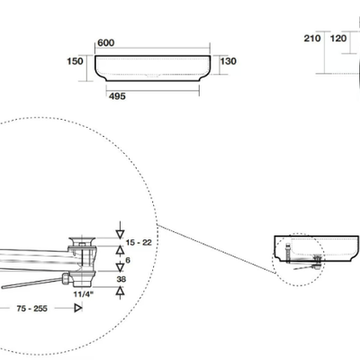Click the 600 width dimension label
click(x=106, y=43)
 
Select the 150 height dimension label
click(x=75, y=61)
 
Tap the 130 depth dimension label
click(x=229, y=61)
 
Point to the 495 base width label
click(x=117, y=96)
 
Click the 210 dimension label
click(x=312, y=39)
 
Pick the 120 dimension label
click(x=338, y=39)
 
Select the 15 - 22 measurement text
click(x=139, y=242)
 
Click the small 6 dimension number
click(x=128, y=260)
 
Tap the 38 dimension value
click(x=121, y=279)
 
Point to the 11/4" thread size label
click(x=84, y=294)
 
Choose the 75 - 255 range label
click(x=32, y=309)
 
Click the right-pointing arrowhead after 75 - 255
click(x=78, y=308)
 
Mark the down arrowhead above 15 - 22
click(x=120, y=235)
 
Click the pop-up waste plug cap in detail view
click(x=82, y=241)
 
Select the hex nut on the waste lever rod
click(x=67, y=279)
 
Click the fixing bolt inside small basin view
click(x=288, y=253)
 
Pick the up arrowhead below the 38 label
click(x=120, y=291)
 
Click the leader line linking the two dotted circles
click(x=217, y=249)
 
